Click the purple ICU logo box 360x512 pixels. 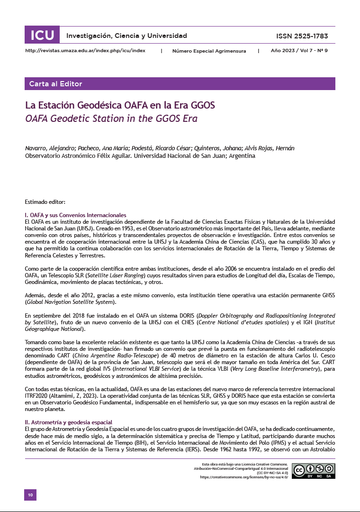tap(42, 36)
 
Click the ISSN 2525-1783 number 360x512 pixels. tap(302, 36)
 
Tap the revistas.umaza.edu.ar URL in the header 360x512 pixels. tap(85, 50)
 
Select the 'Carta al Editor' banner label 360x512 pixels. tap(55, 84)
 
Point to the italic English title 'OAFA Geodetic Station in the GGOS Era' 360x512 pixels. tap(111, 118)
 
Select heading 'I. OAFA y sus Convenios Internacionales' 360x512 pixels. tap(75, 215)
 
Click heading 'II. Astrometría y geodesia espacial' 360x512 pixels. tap(68, 422)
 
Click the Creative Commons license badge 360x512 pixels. tap(313, 470)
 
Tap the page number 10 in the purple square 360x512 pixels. tap(30, 494)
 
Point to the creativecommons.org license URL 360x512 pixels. tap(244, 477)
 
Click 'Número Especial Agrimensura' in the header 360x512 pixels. tap(209, 50)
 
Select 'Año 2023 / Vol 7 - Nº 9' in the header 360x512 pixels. tap(299, 50)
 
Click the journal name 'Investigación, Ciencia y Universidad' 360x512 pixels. tap(126, 36)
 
